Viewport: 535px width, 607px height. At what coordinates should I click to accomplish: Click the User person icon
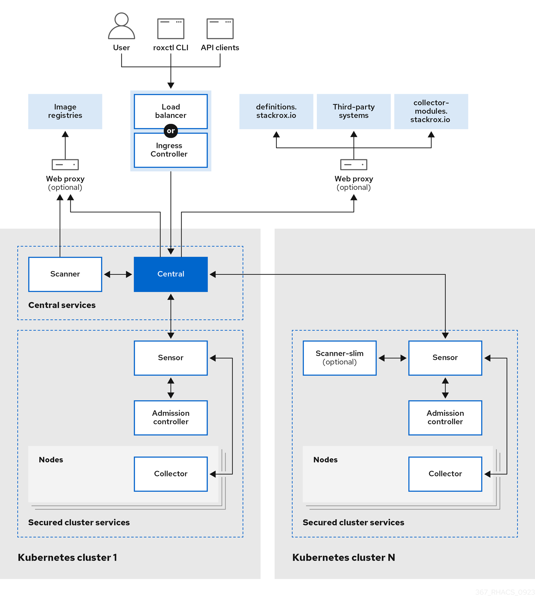[x=121, y=26]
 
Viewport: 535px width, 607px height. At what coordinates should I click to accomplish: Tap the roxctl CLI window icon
[x=171, y=28]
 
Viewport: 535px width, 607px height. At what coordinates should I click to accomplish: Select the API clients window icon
[x=220, y=28]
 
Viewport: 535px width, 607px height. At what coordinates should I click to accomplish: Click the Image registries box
[x=65, y=111]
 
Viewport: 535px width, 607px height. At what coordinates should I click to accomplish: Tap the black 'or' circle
[x=171, y=131]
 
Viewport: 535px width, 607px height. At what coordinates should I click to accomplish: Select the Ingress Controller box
[x=171, y=151]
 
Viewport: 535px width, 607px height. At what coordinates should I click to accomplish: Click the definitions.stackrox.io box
[x=276, y=111]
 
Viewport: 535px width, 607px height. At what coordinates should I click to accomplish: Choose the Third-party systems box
[x=354, y=111]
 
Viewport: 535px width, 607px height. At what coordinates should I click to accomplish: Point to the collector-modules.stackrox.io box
[x=431, y=111]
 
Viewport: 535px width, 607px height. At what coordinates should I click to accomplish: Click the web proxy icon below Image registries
[x=65, y=165]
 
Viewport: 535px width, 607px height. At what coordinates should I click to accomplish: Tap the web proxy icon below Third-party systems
[x=354, y=165]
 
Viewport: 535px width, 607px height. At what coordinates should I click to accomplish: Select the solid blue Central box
[x=171, y=274]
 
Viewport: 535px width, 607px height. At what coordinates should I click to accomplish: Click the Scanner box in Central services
[x=65, y=274]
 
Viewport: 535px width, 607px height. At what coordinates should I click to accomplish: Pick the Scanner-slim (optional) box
[x=340, y=358]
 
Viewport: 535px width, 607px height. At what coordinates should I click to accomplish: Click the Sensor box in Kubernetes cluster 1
[x=171, y=358]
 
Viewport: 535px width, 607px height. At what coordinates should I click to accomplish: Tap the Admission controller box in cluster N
[x=445, y=418]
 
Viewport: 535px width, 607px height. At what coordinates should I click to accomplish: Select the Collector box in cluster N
[x=445, y=474]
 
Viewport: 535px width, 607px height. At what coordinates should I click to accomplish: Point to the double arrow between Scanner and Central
[x=118, y=274]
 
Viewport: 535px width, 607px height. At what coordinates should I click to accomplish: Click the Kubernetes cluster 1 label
[x=67, y=558]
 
